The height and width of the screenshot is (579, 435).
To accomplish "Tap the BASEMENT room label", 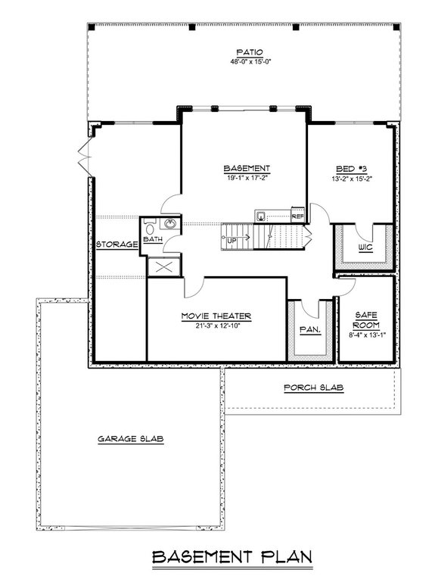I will click(x=247, y=167).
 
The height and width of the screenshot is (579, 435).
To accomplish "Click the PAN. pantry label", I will click(x=309, y=330).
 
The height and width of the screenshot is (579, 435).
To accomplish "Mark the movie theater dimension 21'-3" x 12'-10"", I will click(x=216, y=325).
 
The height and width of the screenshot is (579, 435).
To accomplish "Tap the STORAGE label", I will click(x=117, y=244).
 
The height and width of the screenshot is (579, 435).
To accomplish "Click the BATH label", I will click(x=153, y=240).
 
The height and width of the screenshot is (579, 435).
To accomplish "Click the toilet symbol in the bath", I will click(x=149, y=226).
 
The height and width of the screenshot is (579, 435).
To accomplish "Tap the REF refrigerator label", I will click(x=297, y=215).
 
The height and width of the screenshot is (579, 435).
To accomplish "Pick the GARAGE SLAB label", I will click(x=131, y=439).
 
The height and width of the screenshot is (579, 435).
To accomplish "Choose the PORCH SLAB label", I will click(x=313, y=388).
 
